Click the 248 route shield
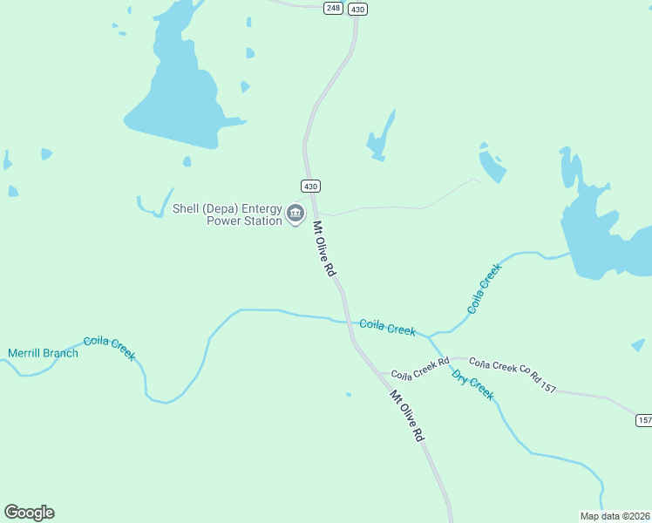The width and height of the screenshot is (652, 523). pyautogui.click(x=332, y=8)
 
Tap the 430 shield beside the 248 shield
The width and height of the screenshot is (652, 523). pyautogui.click(x=357, y=9)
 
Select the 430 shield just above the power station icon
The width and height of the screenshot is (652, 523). pyautogui.click(x=311, y=186)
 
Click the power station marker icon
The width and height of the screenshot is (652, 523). pyautogui.click(x=295, y=213)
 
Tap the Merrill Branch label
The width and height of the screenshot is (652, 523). pyautogui.click(x=43, y=353)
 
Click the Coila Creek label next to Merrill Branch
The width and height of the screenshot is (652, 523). pyautogui.click(x=110, y=348)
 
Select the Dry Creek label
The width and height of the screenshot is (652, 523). pyautogui.click(x=472, y=384)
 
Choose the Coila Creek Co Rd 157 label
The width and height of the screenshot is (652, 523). pyautogui.click(x=513, y=374)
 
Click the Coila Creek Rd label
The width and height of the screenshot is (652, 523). pyautogui.click(x=419, y=369)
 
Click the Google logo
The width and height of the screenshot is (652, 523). pyautogui.click(x=29, y=513)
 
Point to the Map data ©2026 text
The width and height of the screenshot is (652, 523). pyautogui.click(x=615, y=515)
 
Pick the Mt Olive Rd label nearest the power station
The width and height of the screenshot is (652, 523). pyautogui.click(x=324, y=249)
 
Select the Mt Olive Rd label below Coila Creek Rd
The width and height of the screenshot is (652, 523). pyautogui.click(x=407, y=417)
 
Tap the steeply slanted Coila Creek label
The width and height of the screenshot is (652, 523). pyautogui.click(x=486, y=289)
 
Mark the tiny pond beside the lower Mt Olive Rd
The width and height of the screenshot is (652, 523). pyautogui.click(x=349, y=395)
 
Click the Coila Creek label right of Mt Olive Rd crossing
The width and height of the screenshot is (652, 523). pyautogui.click(x=388, y=328)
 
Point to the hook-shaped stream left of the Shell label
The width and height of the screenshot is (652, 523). pyautogui.click(x=150, y=207)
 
